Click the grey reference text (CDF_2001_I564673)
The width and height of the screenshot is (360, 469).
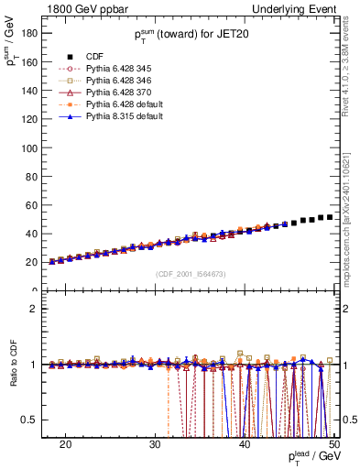pyautogui.click(x=192, y=274)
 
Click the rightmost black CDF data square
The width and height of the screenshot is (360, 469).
pyautogui.click(x=329, y=217)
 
